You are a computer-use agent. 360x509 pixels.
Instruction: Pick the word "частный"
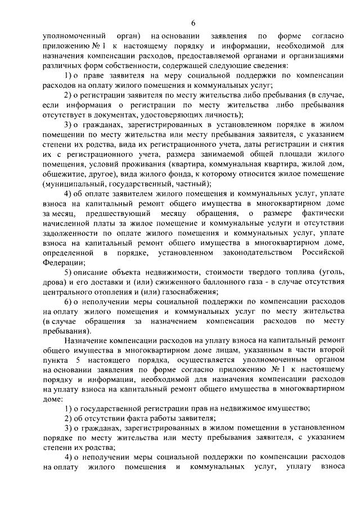click(191, 183)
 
